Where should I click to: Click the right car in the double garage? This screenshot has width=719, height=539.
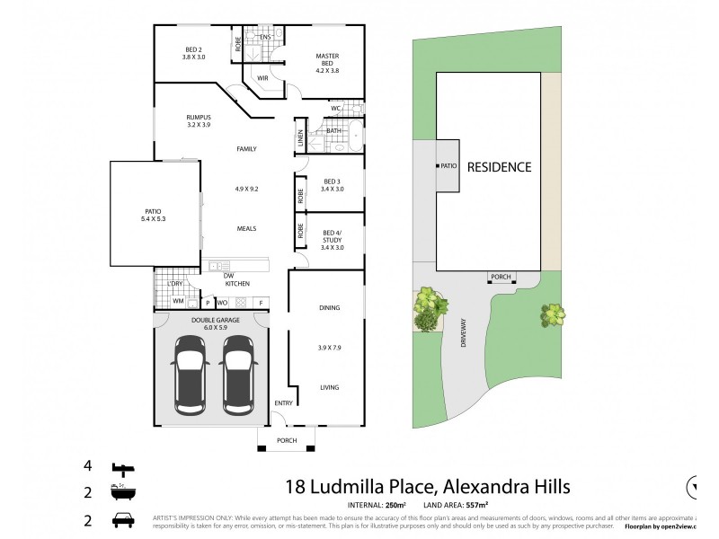click(x=239, y=374)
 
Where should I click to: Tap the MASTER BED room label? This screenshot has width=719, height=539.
click(x=327, y=60)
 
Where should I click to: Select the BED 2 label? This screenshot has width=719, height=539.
click(x=195, y=53)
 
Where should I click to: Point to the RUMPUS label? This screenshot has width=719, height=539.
click(x=198, y=120)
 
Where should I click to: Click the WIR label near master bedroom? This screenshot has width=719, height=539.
click(x=262, y=78)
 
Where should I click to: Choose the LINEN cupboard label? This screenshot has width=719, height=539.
click(x=300, y=140)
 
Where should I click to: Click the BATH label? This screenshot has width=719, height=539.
click(x=333, y=131)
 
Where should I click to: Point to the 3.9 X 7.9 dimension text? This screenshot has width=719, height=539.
click(x=329, y=348)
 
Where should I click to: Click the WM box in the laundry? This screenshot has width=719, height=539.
click(x=178, y=301)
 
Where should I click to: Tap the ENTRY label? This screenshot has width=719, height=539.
click(x=284, y=402)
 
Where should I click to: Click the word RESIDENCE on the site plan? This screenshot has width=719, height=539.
click(x=499, y=167)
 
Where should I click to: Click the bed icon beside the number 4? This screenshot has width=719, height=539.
click(x=121, y=469)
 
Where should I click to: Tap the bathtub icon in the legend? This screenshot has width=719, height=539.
click(x=121, y=493)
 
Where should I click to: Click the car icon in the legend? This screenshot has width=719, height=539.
click(x=121, y=520)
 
